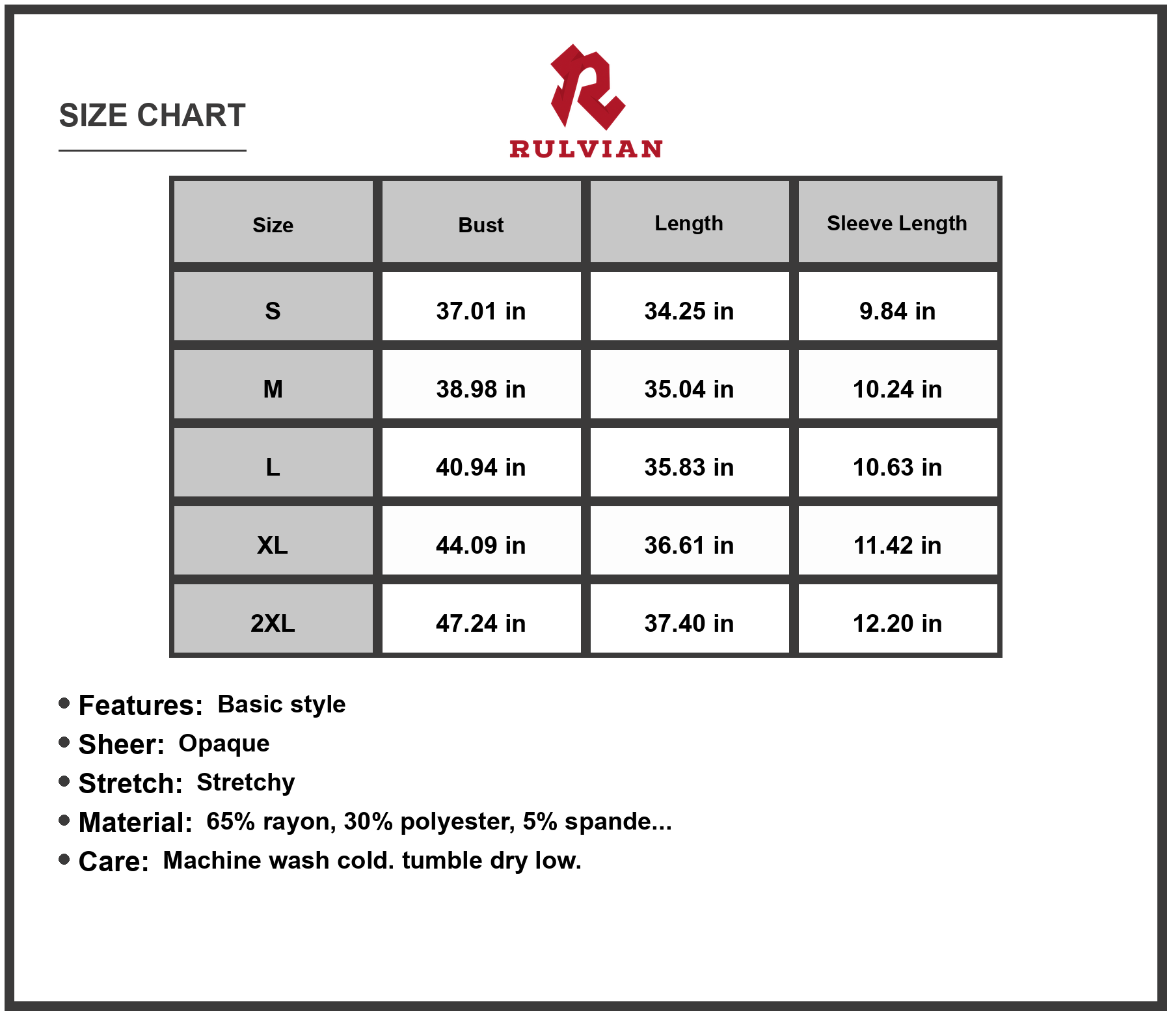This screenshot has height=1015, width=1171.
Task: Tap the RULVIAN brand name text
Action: (585, 149)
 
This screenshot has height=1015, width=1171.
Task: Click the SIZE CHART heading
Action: (152, 116)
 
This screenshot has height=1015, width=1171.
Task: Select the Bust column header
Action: (481, 225)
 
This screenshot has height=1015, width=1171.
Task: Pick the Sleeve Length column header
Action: (896, 223)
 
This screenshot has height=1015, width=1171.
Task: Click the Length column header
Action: (688, 223)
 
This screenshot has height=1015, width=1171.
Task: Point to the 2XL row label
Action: (273, 623)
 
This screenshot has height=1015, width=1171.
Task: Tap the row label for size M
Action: (273, 389)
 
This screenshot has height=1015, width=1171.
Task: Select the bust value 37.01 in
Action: (481, 311)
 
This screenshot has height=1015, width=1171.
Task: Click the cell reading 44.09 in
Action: (481, 545)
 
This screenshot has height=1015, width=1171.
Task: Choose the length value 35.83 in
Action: (689, 467)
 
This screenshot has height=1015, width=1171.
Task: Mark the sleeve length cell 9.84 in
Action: (897, 311)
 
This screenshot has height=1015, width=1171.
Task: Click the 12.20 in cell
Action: (897, 623)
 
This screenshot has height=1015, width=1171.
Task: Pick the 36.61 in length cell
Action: (689, 545)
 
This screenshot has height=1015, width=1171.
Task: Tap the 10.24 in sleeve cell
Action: (897, 389)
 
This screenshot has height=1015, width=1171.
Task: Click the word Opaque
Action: (224, 744)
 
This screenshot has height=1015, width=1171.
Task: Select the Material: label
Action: (135, 822)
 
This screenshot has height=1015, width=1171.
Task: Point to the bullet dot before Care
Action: (64, 859)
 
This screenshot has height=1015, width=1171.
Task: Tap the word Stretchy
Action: (245, 783)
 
